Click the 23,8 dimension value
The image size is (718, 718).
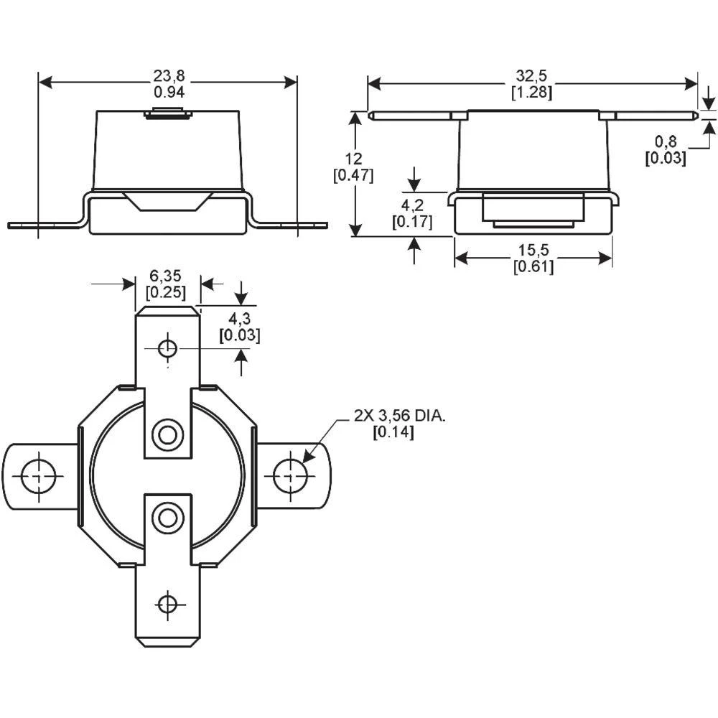point(169,76)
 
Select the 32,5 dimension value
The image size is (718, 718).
point(531,76)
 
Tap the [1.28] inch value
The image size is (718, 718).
point(531,92)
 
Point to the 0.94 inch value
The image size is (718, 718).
point(169,92)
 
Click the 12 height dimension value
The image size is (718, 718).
point(354,159)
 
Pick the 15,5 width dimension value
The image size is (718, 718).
point(533,251)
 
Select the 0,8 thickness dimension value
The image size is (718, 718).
point(665,141)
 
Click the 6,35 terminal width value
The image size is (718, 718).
point(166,276)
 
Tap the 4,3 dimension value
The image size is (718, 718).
point(239,318)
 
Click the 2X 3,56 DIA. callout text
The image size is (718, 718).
point(399,416)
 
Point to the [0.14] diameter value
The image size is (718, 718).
point(393,432)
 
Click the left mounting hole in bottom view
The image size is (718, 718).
point(37,476)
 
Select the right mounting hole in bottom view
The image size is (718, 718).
point(290,474)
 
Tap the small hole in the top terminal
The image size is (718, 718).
point(167,349)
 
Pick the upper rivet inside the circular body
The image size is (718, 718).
point(167,434)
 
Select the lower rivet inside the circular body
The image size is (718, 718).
point(167,517)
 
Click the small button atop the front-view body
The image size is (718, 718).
point(167,113)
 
